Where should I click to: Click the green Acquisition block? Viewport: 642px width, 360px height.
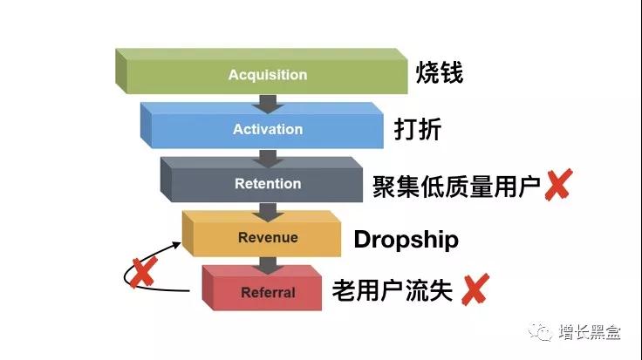[262, 71]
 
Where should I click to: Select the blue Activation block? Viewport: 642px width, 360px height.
[262, 126]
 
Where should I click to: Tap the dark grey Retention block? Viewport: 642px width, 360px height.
[262, 180]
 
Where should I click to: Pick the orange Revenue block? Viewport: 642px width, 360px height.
[262, 234]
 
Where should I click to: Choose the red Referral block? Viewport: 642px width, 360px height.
[262, 288]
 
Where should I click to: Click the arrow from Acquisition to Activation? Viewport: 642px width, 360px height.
[268, 104]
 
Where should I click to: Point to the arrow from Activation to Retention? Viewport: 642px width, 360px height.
[268, 159]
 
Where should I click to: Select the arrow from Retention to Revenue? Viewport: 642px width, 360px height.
[268, 213]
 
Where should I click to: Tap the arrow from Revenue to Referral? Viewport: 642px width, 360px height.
[268, 267]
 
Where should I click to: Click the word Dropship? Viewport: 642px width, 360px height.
[406, 240]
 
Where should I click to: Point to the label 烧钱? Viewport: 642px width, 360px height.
[440, 73]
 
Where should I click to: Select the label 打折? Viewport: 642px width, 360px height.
[418, 129]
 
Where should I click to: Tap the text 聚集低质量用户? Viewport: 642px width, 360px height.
[456, 187]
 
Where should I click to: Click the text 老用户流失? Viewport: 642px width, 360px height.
[393, 290]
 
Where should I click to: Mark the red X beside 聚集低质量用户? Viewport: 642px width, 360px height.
[558, 185]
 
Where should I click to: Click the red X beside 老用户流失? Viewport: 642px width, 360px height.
[475, 289]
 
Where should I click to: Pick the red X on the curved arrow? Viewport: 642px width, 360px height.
[143, 272]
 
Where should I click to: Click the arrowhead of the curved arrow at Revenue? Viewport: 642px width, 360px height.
[177, 245]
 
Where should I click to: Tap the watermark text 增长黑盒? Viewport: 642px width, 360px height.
[590, 331]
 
